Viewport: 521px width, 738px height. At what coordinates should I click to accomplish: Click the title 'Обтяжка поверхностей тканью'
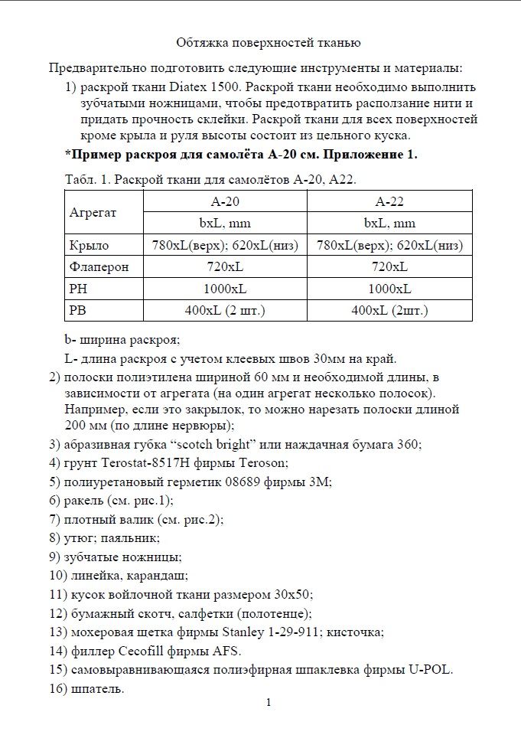pos(268,43)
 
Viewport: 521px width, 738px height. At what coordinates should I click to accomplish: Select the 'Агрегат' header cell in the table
pos(93,212)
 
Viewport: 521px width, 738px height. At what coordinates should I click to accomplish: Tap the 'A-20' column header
pos(225,201)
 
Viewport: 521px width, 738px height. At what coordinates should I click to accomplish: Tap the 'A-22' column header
pos(389,201)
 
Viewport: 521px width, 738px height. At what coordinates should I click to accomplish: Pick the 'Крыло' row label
pos(89,245)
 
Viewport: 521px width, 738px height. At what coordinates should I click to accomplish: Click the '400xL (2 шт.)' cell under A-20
pos(225,310)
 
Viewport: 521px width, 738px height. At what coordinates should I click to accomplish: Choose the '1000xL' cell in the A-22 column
pos(389,289)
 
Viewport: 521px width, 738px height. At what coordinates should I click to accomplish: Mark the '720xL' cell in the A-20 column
pos(225,266)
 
